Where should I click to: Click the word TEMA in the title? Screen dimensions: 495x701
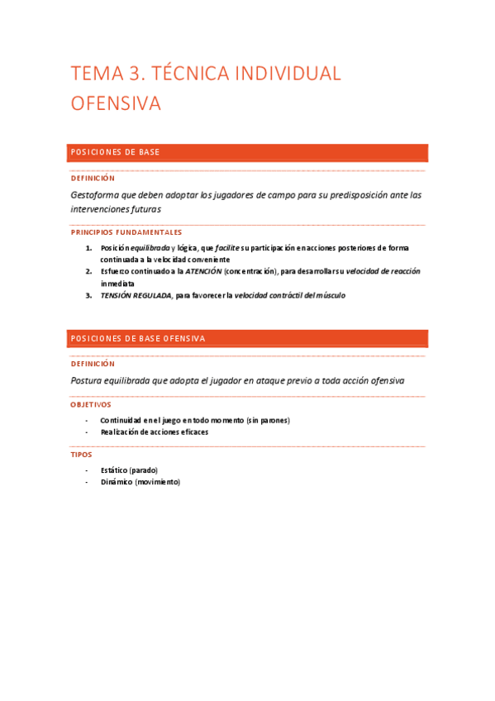pos(96,74)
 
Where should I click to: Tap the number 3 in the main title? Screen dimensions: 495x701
pos(136,74)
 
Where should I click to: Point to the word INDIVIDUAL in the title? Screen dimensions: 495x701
pos(288,74)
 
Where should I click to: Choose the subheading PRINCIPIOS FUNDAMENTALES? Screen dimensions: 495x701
pos(126,232)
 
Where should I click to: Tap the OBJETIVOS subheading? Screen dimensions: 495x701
pos(91,405)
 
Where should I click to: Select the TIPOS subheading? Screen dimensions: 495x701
pos(82,455)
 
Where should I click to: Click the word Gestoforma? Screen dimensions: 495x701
pos(99,195)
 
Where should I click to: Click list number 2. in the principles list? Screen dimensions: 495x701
pos(88,271)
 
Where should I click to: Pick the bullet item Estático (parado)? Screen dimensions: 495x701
pos(129,470)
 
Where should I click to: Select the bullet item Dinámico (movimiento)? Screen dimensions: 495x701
pos(140,482)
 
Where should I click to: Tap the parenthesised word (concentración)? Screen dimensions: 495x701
pos(256,271)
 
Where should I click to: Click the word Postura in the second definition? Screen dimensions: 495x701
pos(90,381)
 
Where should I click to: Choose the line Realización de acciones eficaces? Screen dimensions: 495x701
pos(155,432)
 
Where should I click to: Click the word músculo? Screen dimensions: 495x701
pos(328,295)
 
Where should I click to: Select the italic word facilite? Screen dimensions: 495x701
pos(227,248)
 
